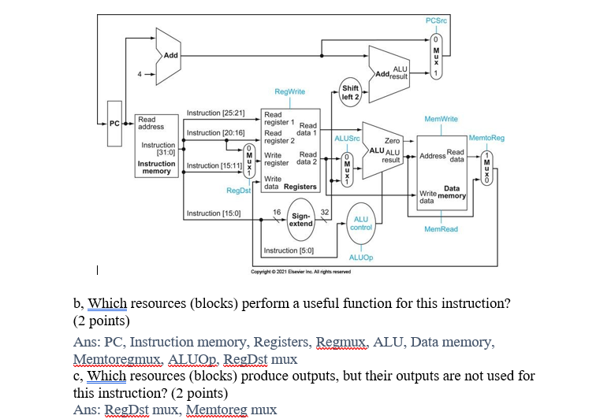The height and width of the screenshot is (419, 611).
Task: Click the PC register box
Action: click(115, 124)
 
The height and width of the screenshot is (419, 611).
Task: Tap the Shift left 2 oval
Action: click(351, 92)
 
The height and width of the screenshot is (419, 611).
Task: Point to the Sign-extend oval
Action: click(301, 219)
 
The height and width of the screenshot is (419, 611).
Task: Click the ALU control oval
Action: click(361, 223)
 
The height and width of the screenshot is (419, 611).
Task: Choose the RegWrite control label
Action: click(289, 92)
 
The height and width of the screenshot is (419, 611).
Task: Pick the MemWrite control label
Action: click(441, 119)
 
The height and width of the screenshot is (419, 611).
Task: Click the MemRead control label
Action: click(441, 229)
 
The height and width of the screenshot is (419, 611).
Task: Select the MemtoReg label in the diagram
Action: click(486, 138)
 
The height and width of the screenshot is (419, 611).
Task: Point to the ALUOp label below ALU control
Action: click(361, 258)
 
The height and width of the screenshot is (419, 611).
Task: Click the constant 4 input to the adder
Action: click(141, 76)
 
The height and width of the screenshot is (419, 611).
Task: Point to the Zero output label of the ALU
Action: click(392, 139)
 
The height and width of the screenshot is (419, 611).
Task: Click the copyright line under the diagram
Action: click(300, 272)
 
